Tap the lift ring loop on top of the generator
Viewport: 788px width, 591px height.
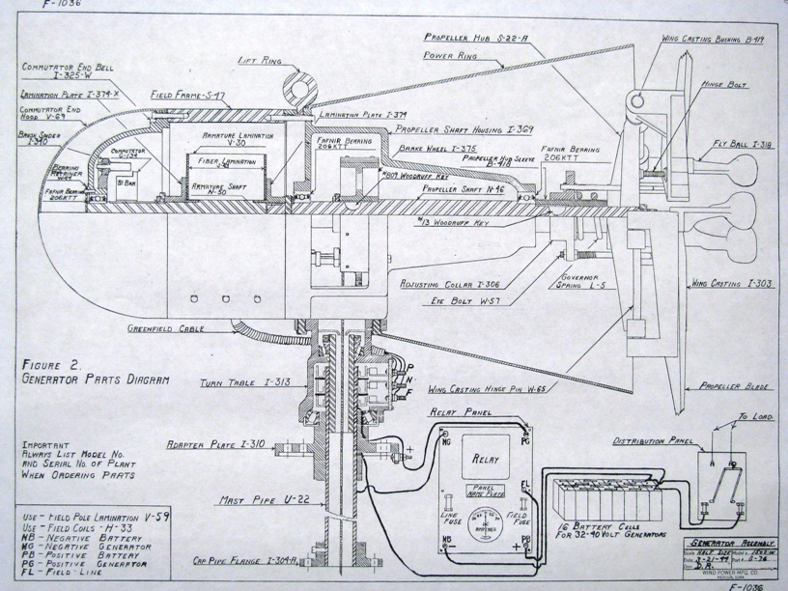pos(294,88)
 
